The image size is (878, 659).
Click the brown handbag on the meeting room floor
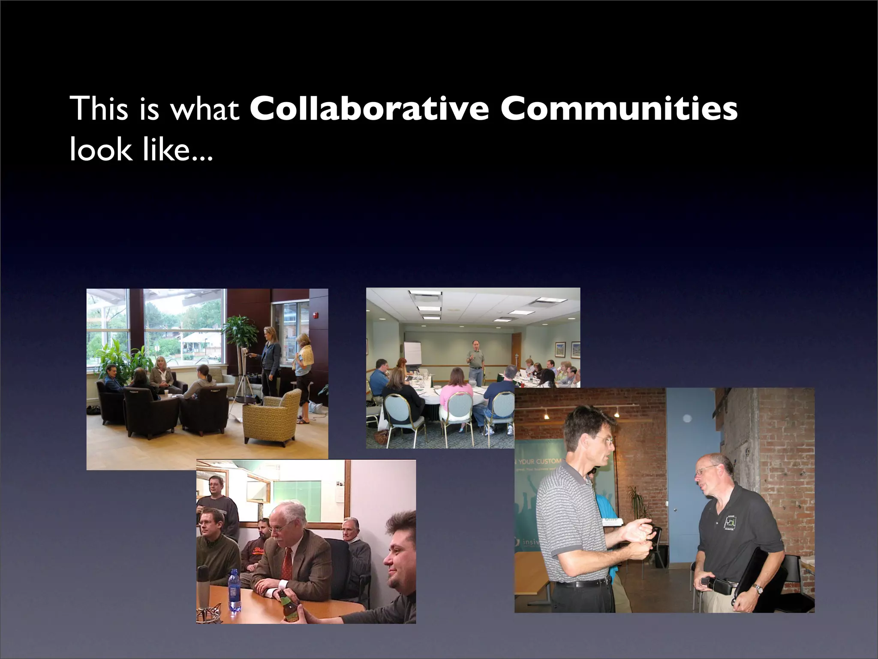pyautogui.click(x=381, y=438)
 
